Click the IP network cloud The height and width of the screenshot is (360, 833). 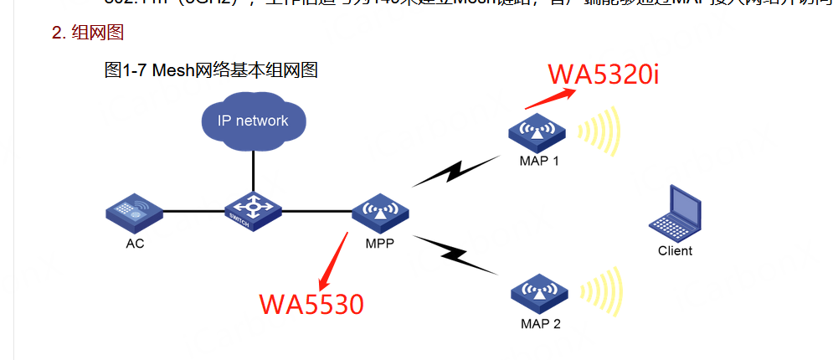(x=253, y=121)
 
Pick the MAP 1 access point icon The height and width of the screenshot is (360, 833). (x=537, y=131)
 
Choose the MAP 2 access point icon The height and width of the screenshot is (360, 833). (x=538, y=290)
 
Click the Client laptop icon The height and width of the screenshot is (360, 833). (x=675, y=214)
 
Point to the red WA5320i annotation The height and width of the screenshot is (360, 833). (x=604, y=74)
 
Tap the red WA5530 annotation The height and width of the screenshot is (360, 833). (x=311, y=303)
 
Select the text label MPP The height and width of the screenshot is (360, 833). (x=379, y=244)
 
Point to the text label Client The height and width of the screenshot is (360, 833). (x=675, y=250)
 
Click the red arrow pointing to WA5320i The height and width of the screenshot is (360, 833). (x=551, y=96)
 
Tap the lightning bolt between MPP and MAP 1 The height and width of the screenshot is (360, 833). (x=453, y=171)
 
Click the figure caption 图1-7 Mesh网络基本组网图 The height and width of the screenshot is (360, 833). (x=211, y=70)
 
